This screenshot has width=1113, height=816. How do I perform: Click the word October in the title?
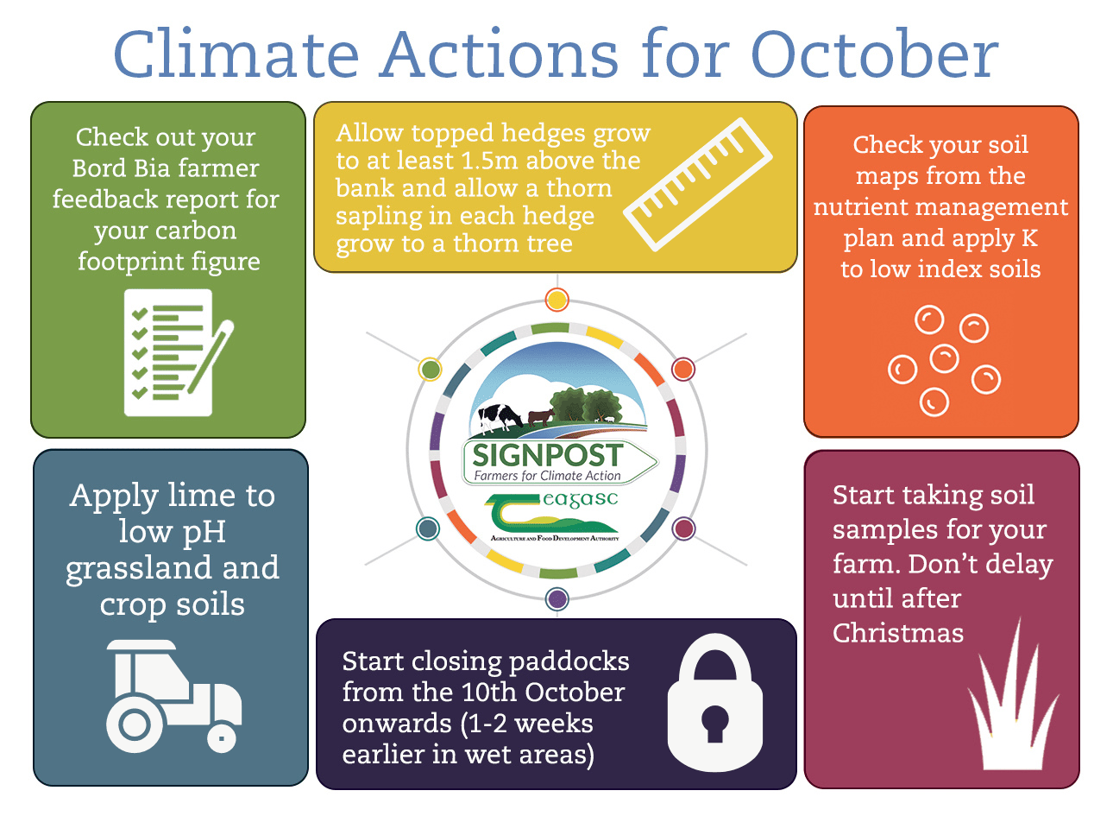(x=874, y=54)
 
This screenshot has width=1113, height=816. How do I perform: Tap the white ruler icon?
(x=698, y=185)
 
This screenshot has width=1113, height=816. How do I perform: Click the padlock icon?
(x=714, y=702)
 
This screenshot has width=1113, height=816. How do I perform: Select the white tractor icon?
(x=174, y=696)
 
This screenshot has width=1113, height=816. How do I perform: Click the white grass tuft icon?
(x=1013, y=696)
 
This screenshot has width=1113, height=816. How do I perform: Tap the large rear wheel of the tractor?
(x=134, y=724)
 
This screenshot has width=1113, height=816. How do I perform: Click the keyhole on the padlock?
(x=714, y=724)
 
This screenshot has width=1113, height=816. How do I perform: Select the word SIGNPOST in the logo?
(x=547, y=454)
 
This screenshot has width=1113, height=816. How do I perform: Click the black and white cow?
(x=500, y=418)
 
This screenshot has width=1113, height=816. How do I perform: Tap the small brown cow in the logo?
(x=541, y=417)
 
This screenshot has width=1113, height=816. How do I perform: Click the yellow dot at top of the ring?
(x=556, y=300)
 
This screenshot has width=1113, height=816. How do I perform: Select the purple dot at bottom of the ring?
(x=556, y=598)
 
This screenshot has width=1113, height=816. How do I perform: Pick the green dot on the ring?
(x=430, y=370)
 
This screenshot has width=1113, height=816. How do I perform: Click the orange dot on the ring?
(x=683, y=370)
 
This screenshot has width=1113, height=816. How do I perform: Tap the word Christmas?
(x=898, y=633)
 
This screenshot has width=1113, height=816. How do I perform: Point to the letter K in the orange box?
(x=1029, y=238)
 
